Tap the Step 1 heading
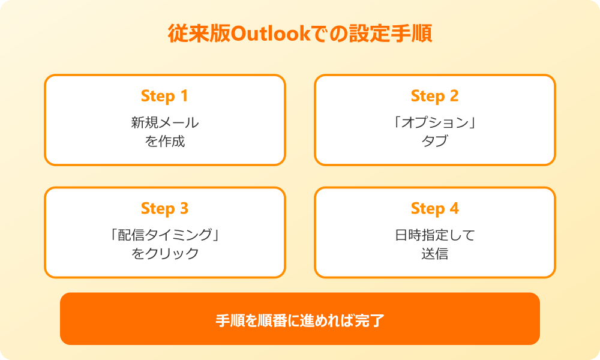[164, 96]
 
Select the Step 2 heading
[434, 96]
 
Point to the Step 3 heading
[164, 209]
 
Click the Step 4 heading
[434, 209]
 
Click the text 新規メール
[165, 123]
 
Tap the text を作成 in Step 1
[165, 142]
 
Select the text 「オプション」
[435, 123]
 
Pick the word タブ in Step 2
[435, 142]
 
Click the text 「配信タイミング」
[165, 235]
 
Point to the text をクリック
[165, 254]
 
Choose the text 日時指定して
[435, 235]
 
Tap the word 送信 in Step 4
[435, 254]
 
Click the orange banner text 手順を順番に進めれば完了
[300, 320]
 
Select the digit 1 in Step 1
[184, 96]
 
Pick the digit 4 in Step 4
[454, 209]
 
